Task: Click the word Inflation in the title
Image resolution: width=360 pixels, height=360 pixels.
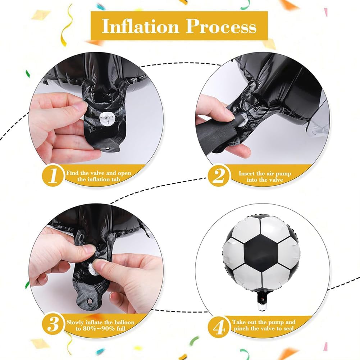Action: (x=141, y=26)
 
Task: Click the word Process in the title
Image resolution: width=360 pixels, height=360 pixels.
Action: (x=221, y=26)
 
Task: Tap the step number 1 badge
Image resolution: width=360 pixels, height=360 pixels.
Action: (x=53, y=176)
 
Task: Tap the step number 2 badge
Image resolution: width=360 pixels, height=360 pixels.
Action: (x=219, y=176)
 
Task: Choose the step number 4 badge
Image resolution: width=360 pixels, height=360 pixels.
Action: (x=219, y=326)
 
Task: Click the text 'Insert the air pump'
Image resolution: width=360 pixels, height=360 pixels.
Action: (x=265, y=173)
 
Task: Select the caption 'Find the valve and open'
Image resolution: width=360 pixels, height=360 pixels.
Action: (x=99, y=173)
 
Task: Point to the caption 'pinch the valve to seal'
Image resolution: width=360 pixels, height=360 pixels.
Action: (x=264, y=329)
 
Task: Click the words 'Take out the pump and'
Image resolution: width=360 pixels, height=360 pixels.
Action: (x=264, y=322)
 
